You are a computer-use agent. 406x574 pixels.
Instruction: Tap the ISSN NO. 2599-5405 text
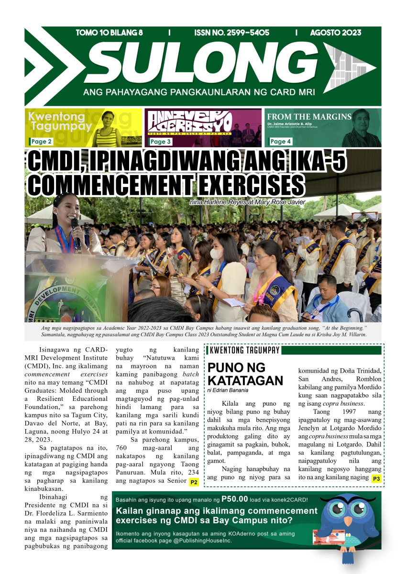point(232,33)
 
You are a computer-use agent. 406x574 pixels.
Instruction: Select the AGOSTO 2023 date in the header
point(336,33)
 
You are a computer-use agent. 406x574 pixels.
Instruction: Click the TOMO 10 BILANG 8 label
point(110,33)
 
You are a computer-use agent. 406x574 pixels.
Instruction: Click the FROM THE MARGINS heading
point(309,117)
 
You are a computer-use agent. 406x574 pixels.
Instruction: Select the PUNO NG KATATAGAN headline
point(245,375)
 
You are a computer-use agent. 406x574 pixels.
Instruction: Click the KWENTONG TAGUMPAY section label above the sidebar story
point(244,351)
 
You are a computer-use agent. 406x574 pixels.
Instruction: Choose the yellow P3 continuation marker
point(376,478)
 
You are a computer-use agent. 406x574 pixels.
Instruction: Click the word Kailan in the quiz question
point(130,511)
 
